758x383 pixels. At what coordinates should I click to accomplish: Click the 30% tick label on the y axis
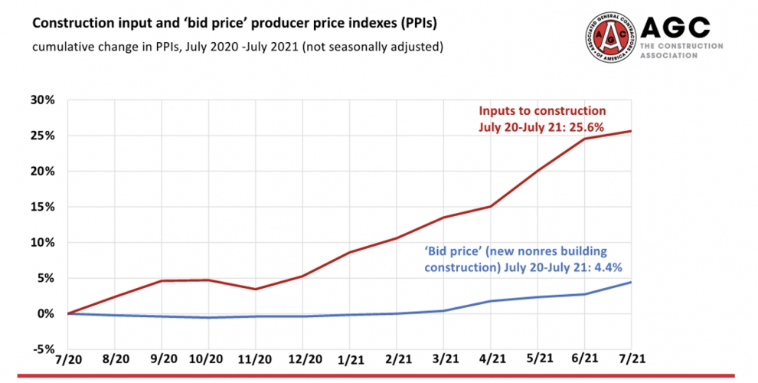43,100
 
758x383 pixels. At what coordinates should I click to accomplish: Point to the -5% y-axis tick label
43,349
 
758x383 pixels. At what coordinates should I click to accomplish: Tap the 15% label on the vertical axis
43,207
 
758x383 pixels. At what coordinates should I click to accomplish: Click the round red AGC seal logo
609,38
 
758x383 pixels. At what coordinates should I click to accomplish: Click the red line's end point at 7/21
631,131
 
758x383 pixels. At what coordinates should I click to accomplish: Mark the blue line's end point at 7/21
631,282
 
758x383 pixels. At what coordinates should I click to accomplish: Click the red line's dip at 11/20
255,289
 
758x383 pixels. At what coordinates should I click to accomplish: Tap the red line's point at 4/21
490,206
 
